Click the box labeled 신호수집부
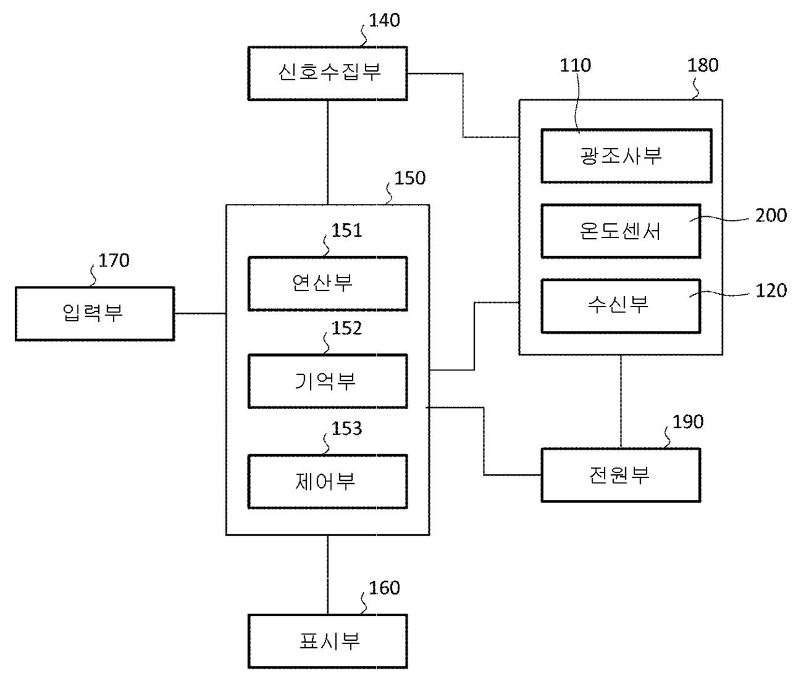tap(328, 73)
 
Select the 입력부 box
tap(94, 314)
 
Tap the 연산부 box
tap(328, 283)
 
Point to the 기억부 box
tap(328, 381)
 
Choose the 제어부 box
tap(328, 481)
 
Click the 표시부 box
tap(328, 641)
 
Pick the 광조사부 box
tap(626, 156)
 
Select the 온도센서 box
tap(620, 231)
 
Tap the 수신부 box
tap(620, 306)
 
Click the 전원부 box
tap(620, 476)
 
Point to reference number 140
tap(384, 21)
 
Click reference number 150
tap(410, 178)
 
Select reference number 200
tap(771, 216)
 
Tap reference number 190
tap(687, 422)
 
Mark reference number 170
tap(114, 261)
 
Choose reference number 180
tap(703, 65)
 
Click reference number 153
tap(347, 428)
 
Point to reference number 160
tap(384, 588)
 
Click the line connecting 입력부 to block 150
tap(200, 314)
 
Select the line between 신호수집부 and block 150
tap(328, 152)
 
